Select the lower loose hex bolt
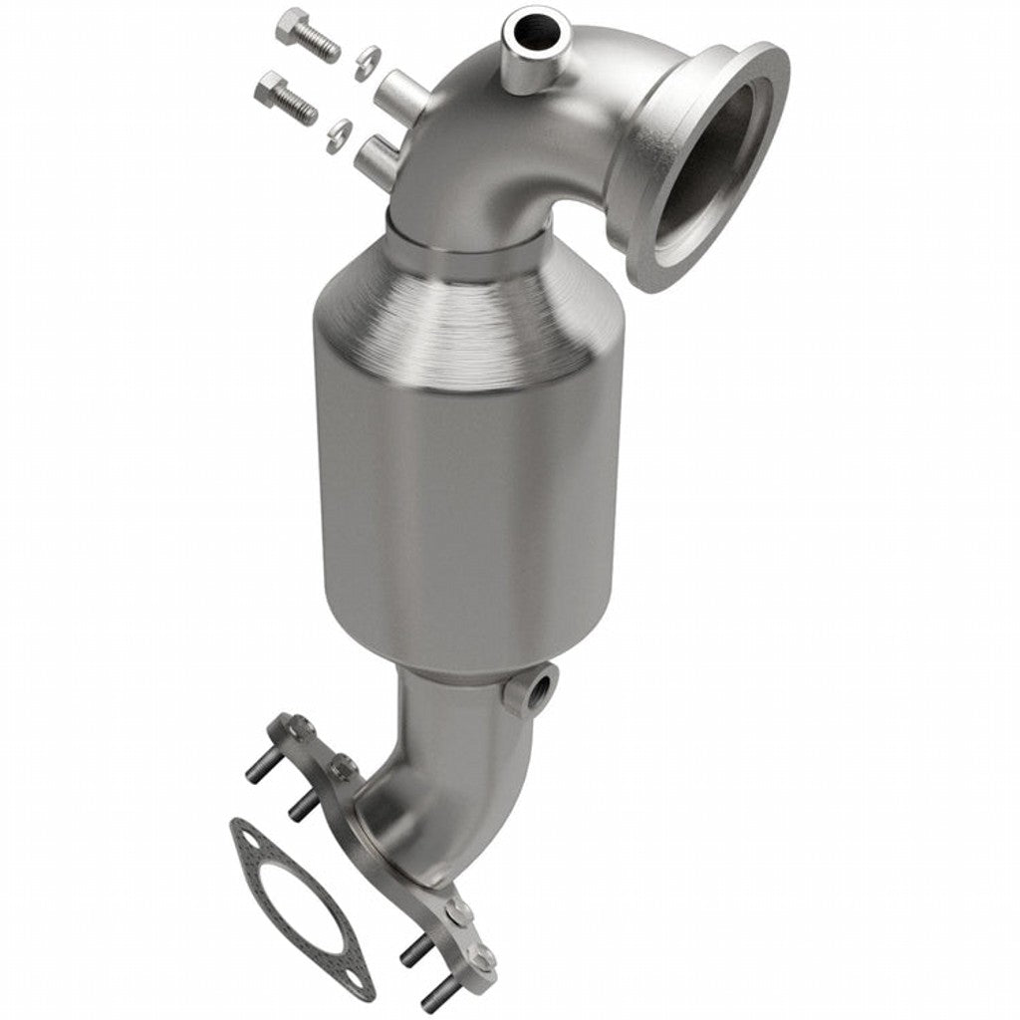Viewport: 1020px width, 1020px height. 284,98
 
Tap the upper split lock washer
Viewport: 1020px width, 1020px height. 367,62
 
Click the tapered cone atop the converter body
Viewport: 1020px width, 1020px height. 468,319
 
